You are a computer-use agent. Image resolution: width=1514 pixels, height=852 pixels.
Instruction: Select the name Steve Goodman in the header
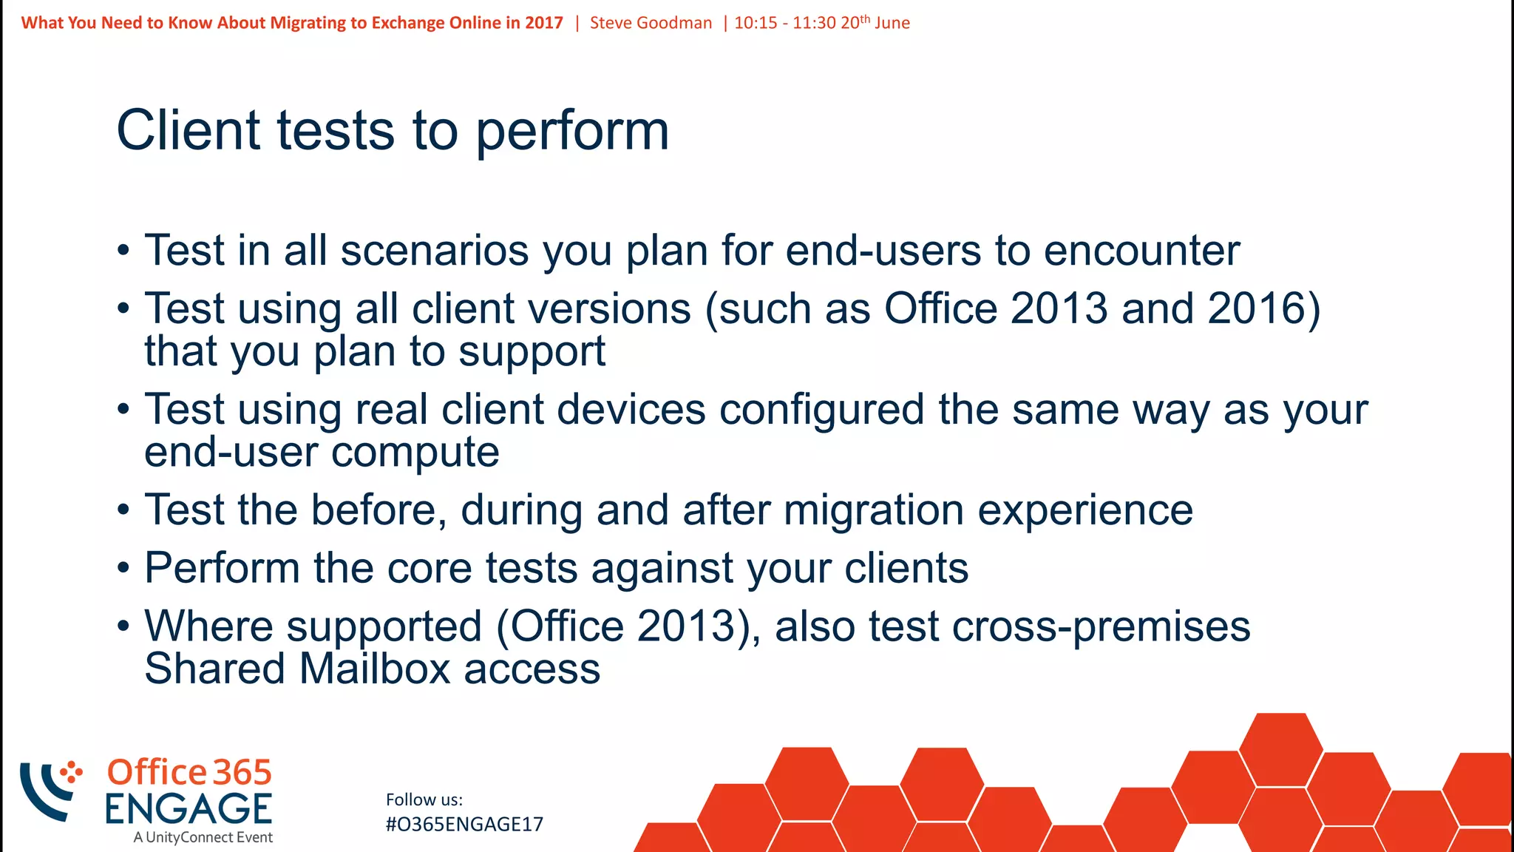click(651, 23)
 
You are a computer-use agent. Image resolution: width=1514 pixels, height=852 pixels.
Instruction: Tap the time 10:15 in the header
click(756, 23)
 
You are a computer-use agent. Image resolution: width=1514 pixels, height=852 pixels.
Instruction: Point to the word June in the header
click(892, 23)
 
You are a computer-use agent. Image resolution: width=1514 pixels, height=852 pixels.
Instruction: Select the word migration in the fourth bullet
click(873, 510)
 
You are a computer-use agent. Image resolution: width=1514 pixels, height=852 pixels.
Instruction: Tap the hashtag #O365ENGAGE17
click(464, 825)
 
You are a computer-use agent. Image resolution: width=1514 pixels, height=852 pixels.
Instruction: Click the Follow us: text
click(424, 799)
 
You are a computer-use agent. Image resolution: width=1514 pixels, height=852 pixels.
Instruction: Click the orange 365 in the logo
click(242, 772)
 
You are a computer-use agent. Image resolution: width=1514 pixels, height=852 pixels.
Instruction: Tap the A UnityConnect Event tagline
click(203, 837)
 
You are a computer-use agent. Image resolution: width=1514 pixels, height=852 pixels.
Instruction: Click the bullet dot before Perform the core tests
click(123, 569)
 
